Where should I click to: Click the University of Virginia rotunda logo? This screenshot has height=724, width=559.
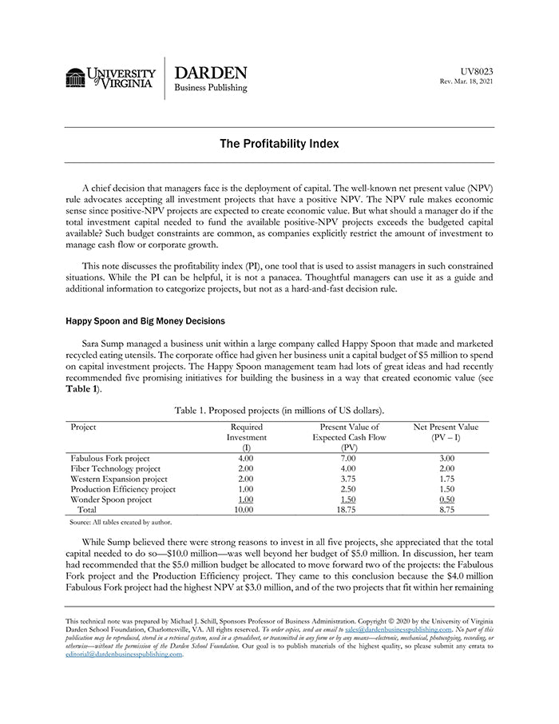tap(76, 78)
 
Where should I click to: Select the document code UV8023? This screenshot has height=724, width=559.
tap(478, 71)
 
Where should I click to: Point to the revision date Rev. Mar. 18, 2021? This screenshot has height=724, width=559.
tap(467, 82)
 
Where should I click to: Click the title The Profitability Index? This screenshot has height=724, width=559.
tap(279, 144)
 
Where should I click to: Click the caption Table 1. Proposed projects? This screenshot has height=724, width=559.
tap(279, 410)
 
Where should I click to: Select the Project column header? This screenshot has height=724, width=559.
tap(83, 428)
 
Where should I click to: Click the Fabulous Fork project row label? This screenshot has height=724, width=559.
tap(111, 459)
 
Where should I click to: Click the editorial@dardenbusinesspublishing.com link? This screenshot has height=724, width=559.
tap(124, 654)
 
